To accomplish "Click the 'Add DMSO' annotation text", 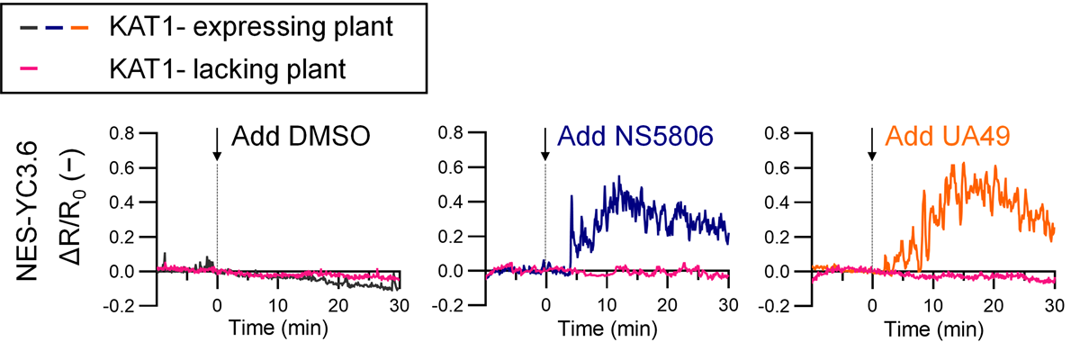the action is point(301,136).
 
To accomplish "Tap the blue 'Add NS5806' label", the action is point(635,136).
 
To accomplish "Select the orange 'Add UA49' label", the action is point(948,136).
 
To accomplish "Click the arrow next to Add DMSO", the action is point(217,144).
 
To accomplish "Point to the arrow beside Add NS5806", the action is point(545,144).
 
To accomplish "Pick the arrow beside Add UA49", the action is point(872,144).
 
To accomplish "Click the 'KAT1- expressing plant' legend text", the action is point(251,27).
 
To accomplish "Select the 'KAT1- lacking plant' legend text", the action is point(228,69).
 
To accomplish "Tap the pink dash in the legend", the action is point(29,69).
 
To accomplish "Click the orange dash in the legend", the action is point(79,28).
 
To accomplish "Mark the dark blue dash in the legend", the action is point(54,28).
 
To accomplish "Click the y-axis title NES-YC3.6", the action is point(27,211).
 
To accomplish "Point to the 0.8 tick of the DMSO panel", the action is point(121,133).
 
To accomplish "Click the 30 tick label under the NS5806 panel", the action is point(728,305).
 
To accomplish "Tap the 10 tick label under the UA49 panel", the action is point(933,305).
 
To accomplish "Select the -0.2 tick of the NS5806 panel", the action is point(447,305).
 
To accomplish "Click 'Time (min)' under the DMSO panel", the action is point(279,328).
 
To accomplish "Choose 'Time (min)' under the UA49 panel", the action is point(934,329).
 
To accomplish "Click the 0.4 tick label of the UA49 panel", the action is point(776,202).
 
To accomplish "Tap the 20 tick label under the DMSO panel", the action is point(338,305).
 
